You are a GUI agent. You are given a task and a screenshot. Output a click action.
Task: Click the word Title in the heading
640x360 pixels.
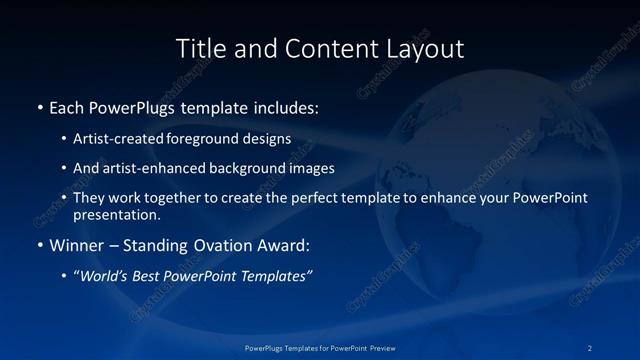pos(201,48)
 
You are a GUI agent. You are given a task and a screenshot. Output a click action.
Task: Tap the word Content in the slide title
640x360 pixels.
pos(325,48)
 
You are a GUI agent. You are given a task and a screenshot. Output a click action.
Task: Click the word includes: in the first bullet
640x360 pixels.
pos(286,107)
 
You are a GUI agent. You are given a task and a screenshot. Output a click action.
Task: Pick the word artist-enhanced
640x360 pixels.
pos(156,169)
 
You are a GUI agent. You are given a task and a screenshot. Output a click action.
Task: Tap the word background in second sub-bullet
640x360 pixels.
pos(257,169)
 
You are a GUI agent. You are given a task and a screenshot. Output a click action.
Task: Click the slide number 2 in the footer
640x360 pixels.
pos(590,348)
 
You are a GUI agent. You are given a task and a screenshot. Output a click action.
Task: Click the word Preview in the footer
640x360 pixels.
pos(379,348)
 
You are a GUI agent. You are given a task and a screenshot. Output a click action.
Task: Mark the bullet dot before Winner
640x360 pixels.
pos(39,245)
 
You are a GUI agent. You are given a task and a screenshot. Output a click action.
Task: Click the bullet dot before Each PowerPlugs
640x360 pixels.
pos(39,107)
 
